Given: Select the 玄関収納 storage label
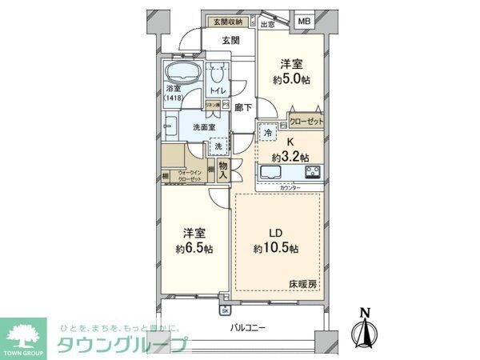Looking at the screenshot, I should coord(227,22).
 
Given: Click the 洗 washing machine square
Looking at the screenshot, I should coord(218,147).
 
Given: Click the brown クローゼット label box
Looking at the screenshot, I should coord(306,121).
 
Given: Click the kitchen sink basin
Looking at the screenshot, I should coord(270,173).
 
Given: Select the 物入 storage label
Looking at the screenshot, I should coord(223,169).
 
